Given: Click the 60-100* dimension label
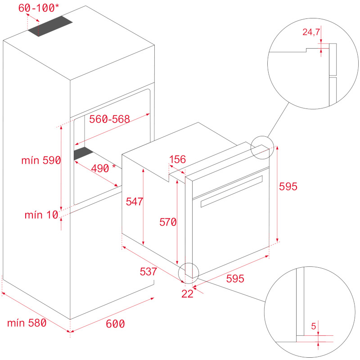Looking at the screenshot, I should coord(38,8).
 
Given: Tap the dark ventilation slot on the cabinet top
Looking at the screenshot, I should coord(50,27).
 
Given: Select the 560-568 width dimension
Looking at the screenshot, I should coord(109,119).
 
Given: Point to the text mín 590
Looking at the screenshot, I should coord(41,161).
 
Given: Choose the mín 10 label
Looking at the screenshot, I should coord(41,215).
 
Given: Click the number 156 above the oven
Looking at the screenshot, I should coord(178,159).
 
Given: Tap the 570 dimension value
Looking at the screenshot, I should coord(167,221).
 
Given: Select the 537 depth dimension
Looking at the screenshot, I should coord(148,272).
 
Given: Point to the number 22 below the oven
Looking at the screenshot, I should coord(187,294).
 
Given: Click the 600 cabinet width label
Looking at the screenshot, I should coord(116,324).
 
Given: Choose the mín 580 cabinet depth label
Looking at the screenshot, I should coord(27,323).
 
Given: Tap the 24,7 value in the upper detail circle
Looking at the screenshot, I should coord(310,32).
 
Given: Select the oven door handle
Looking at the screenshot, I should coord(231,191).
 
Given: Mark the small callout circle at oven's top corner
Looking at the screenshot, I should coord(261,148).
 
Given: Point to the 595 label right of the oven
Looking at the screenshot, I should coord(288,186).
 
